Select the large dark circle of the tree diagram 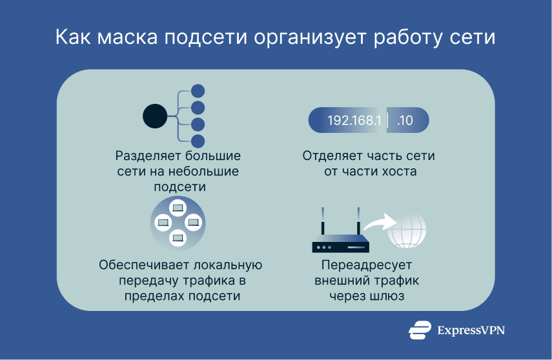(155, 116)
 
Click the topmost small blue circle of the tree (198, 91)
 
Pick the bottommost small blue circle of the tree (198, 141)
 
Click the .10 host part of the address (405, 121)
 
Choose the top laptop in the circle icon (178, 208)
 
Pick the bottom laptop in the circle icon (178, 237)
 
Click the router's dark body (340, 246)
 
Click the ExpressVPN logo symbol (420, 330)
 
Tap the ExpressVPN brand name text (471, 330)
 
